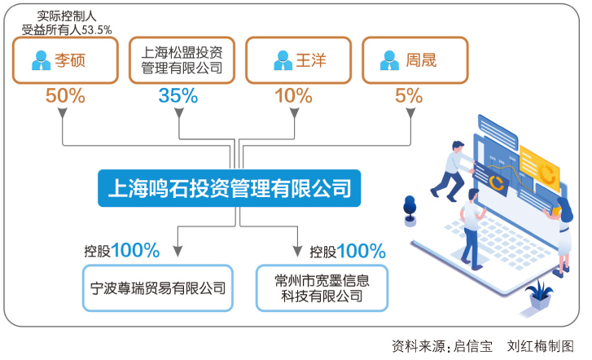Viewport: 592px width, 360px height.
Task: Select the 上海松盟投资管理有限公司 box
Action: pyautogui.click(x=182, y=59)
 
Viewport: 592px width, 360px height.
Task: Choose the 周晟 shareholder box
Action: pyautogui.click(x=414, y=59)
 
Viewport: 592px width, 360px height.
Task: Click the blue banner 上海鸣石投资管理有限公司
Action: pyautogui.click(x=230, y=189)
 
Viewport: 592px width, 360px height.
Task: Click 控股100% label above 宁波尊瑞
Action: pyautogui.click(x=121, y=250)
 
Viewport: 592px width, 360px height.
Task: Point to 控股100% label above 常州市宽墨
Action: pyautogui.click(x=348, y=250)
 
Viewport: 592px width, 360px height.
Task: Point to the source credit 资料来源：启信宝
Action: pyautogui.click(x=441, y=345)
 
